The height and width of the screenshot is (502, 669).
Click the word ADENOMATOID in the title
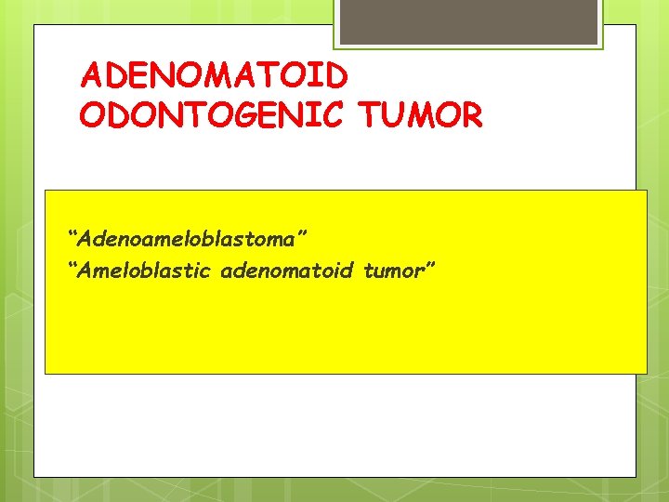coord(215,73)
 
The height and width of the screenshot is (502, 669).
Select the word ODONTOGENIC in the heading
coord(215,116)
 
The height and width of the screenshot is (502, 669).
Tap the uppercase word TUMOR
coord(421,116)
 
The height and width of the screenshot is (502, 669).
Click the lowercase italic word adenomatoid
coord(280,271)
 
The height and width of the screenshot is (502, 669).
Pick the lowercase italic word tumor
coord(391,271)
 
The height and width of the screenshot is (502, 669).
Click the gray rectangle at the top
coord(467,21)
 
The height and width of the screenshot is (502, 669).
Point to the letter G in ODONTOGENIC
coord(252,116)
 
